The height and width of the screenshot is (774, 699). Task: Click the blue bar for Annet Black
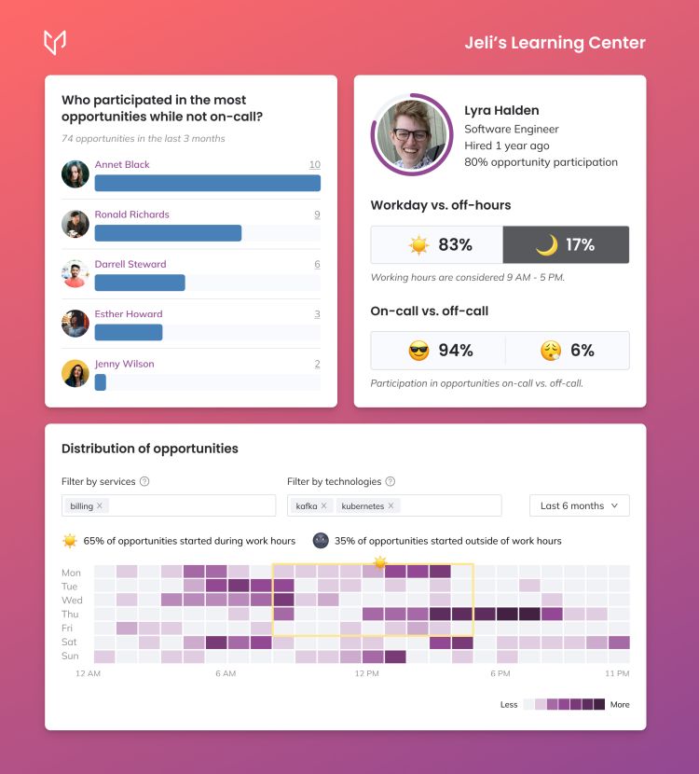click(207, 183)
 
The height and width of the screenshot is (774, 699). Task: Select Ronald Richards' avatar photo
click(75, 224)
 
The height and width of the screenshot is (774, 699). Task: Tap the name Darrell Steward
click(130, 264)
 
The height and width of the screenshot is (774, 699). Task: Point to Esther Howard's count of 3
click(317, 314)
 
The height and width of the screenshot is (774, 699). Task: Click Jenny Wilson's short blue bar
click(100, 382)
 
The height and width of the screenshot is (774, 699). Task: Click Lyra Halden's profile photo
click(411, 135)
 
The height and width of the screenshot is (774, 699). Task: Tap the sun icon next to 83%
click(418, 245)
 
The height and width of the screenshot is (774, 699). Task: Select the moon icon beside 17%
click(547, 245)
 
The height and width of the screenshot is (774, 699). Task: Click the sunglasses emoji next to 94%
click(418, 351)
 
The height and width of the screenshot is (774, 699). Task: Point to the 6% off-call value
click(582, 351)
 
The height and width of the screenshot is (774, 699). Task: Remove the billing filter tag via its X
click(100, 505)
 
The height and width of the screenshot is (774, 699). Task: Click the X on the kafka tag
click(323, 505)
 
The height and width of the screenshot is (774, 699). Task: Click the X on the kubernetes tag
click(391, 505)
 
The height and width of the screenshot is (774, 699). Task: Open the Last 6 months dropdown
click(579, 505)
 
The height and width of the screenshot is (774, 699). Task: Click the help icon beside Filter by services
click(144, 481)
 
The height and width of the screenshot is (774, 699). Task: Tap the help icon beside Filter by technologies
click(391, 481)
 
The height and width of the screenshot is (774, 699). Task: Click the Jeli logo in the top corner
click(55, 43)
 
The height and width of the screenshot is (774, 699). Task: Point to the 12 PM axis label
click(366, 673)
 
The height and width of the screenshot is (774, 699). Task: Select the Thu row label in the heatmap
click(70, 614)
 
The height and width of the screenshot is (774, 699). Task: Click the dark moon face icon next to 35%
click(321, 541)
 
